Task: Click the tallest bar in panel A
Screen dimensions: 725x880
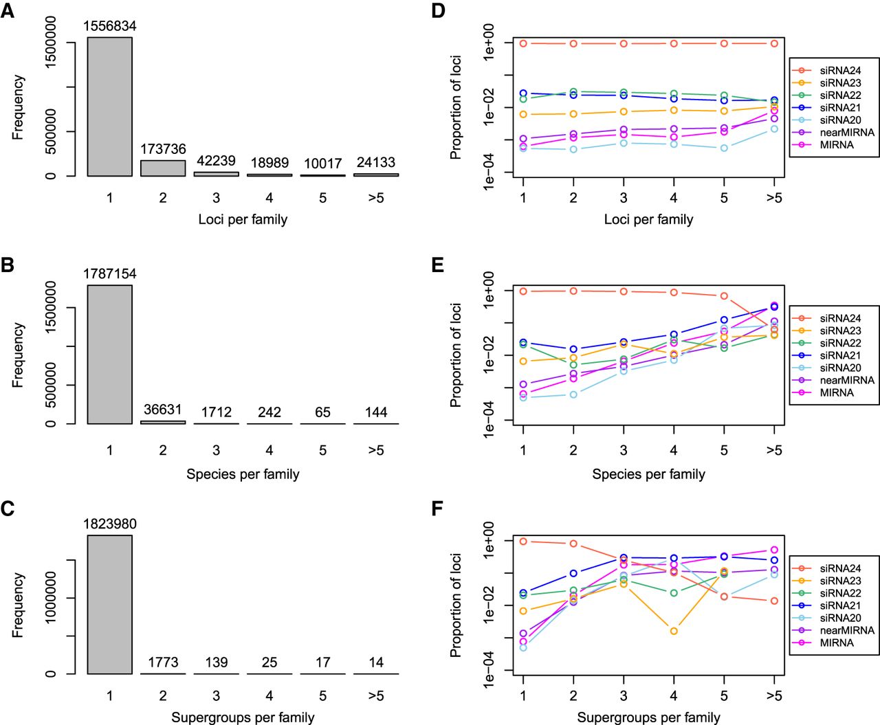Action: (x=109, y=107)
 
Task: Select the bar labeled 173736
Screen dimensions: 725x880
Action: (x=163, y=168)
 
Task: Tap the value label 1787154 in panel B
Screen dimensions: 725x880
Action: (x=110, y=274)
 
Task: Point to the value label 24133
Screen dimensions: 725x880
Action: (x=376, y=162)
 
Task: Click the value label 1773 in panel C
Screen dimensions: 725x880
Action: (x=163, y=662)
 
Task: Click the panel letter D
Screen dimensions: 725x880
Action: (x=438, y=11)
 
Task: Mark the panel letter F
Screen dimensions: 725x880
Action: (x=437, y=509)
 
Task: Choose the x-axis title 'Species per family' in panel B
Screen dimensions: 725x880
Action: (x=243, y=473)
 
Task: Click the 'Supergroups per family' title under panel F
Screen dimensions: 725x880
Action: (x=648, y=717)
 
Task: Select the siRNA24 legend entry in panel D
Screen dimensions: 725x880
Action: (x=833, y=70)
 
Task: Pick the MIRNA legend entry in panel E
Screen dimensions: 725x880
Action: (x=833, y=392)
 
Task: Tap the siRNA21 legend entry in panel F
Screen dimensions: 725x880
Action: (x=833, y=605)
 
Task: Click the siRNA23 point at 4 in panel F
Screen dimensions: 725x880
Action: (x=674, y=631)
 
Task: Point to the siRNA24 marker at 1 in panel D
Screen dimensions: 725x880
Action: (x=523, y=43)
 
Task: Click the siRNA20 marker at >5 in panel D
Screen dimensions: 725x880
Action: (x=774, y=129)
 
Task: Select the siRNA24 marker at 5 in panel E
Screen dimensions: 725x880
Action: (x=724, y=296)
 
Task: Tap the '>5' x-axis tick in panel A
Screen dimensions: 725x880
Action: (x=376, y=198)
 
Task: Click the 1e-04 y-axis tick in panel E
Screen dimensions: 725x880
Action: (x=489, y=420)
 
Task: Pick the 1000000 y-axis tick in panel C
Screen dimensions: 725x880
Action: (x=51, y=598)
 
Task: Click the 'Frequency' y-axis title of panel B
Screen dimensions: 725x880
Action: (x=18, y=355)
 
